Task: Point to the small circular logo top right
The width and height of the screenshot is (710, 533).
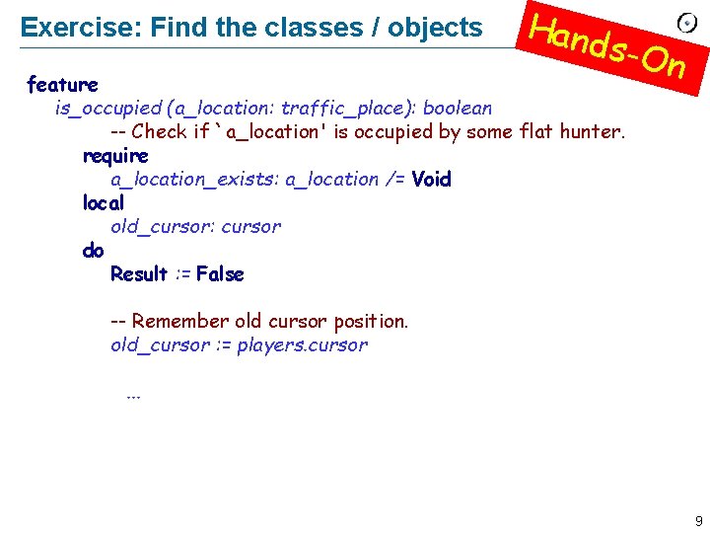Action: tap(688, 23)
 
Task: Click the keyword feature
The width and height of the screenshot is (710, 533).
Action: tap(62, 84)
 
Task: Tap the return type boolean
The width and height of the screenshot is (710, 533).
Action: tap(458, 108)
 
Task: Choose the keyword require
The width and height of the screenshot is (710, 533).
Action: tap(115, 155)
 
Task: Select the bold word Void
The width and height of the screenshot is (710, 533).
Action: tap(431, 179)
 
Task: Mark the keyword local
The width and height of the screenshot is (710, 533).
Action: tap(104, 202)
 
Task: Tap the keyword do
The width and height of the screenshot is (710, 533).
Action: tap(93, 250)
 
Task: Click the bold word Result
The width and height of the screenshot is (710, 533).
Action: tap(139, 273)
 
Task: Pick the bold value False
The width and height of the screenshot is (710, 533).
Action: tap(220, 273)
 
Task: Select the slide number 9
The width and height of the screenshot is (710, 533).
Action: tap(698, 520)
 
